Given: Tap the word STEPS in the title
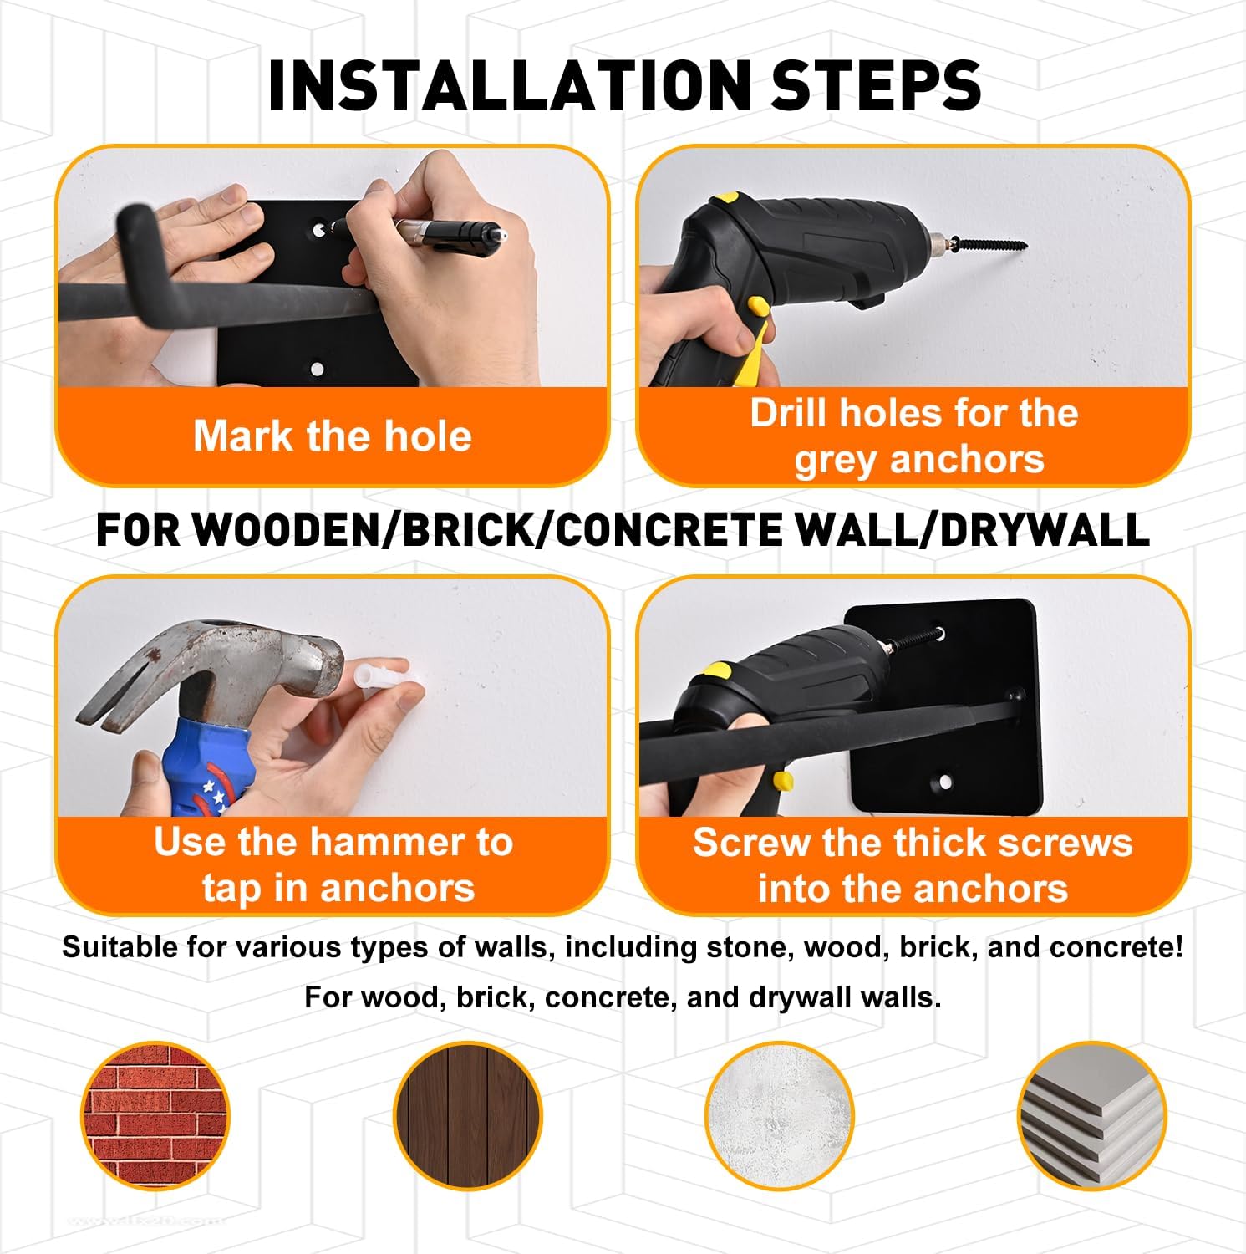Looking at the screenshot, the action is pos(876,85).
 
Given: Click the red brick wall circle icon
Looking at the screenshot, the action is pos(155,1116).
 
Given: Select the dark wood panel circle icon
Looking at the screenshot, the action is pos(468,1116).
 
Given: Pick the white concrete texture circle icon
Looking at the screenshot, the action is pos(780,1116).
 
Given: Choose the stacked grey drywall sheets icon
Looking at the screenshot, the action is pos(1092,1116).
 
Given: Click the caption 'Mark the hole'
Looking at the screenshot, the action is pos(333,436).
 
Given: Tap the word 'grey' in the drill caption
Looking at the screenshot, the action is pos(833,461).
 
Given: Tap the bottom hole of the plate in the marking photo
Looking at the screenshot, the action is pos(317,368).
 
